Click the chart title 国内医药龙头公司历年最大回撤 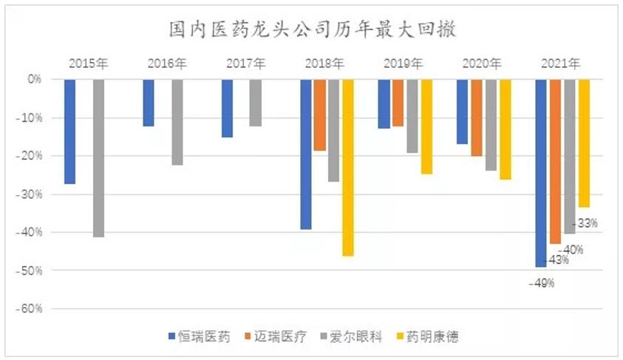pyautogui.click(x=310, y=30)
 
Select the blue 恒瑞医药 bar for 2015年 pyautogui.click(x=69, y=131)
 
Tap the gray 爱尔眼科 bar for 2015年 pyautogui.click(x=98, y=157)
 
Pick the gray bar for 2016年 pyautogui.click(x=177, y=121)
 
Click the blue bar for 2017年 pyautogui.click(x=227, y=108)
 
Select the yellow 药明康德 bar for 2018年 pyautogui.click(x=347, y=167)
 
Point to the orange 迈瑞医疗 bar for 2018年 pyautogui.click(x=319, y=115)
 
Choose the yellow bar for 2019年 pyautogui.click(x=426, y=126)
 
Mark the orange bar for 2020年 pyautogui.click(x=477, y=117)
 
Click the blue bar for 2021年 pyautogui.click(x=541, y=172)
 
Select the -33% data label pyautogui.click(x=586, y=222)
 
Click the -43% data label pyautogui.click(x=557, y=260)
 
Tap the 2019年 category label pyautogui.click(x=403, y=64)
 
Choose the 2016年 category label pyautogui.click(x=167, y=64)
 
